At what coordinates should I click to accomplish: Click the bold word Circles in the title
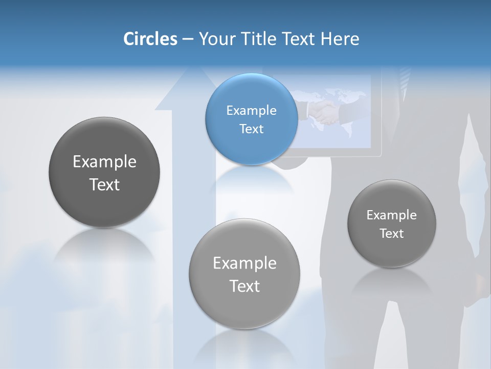[150, 39]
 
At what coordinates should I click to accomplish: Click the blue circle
[251, 119]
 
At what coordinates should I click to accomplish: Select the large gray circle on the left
[104, 172]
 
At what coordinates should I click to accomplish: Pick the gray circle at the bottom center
[244, 274]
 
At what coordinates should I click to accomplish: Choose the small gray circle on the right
[392, 223]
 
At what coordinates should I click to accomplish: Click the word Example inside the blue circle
[251, 110]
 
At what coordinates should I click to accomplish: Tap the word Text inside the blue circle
[251, 129]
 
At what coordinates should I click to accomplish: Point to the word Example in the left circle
[104, 161]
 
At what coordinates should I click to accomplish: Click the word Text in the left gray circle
[104, 184]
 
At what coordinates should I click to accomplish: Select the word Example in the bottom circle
[244, 263]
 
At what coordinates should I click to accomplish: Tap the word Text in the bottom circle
[244, 286]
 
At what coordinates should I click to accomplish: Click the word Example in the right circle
[392, 215]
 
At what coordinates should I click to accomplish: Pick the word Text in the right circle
[392, 233]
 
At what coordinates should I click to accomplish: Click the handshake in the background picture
[324, 113]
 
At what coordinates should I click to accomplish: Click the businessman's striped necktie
[405, 79]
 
